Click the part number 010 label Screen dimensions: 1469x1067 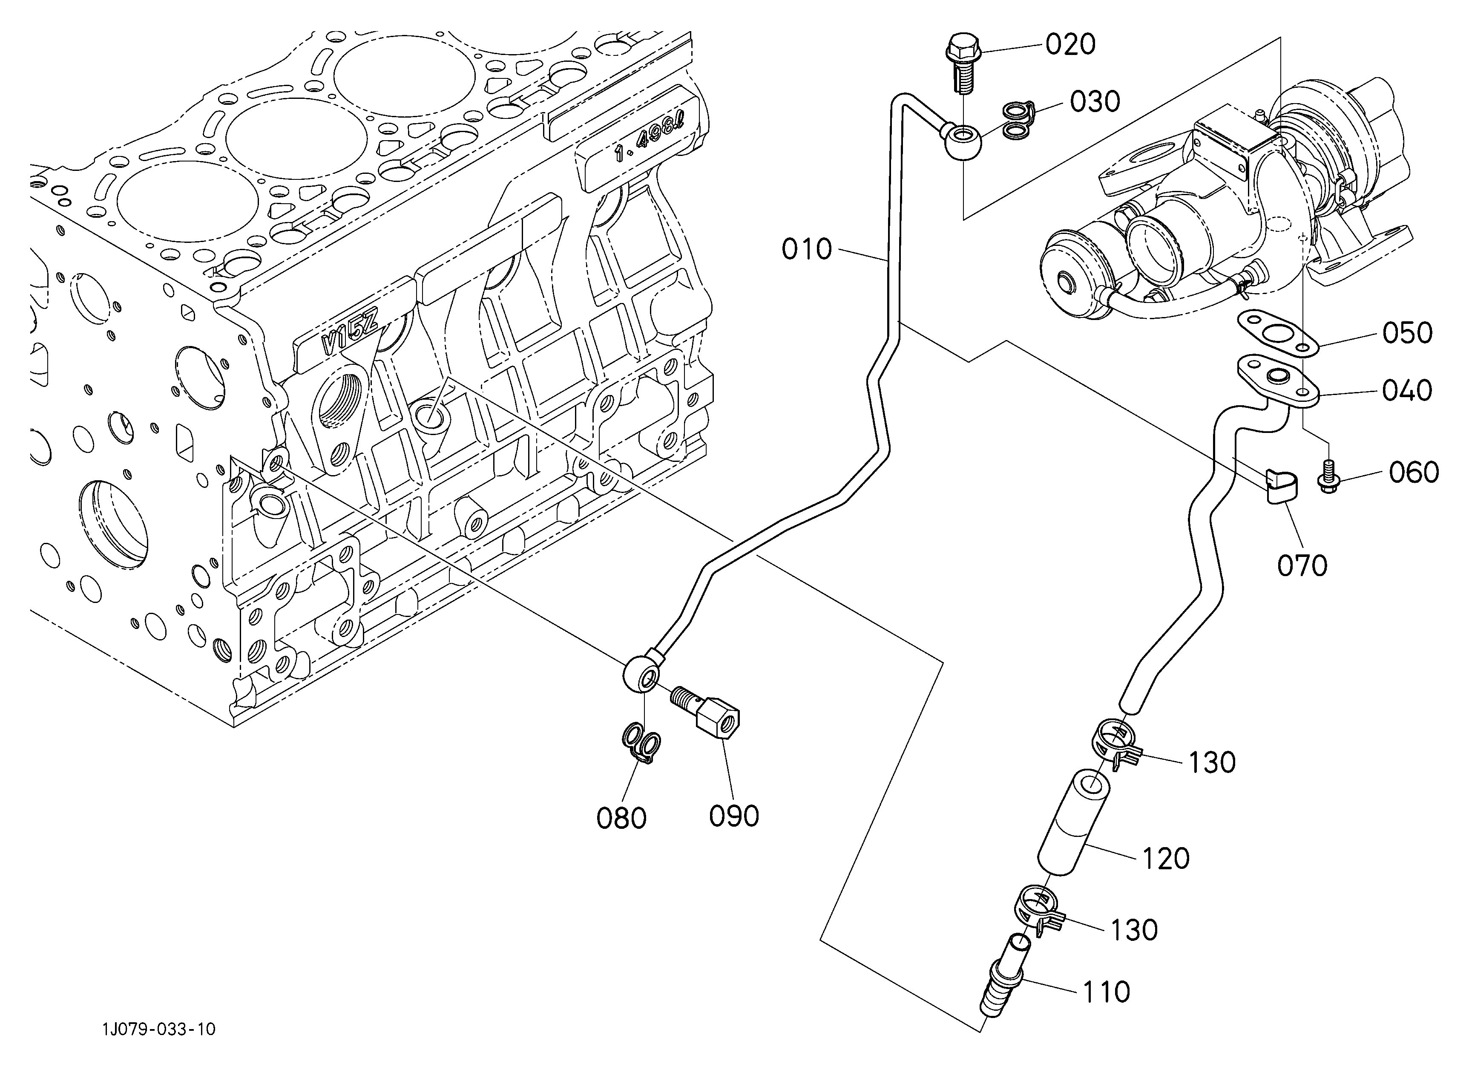[x=806, y=249]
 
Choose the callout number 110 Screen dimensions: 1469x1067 [x=1106, y=992]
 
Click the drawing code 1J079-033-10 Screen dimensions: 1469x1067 [x=159, y=1047]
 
